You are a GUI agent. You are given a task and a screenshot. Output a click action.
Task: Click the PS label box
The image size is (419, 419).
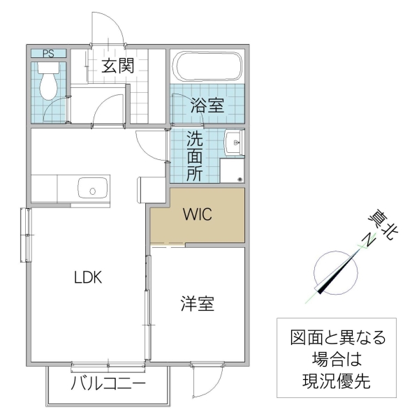[x=49, y=53]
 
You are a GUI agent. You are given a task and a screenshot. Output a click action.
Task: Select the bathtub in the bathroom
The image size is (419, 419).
[x=207, y=67]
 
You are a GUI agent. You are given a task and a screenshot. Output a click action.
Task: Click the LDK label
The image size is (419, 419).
[x=89, y=277]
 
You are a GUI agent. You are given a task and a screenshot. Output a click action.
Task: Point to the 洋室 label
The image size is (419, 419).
[x=198, y=304]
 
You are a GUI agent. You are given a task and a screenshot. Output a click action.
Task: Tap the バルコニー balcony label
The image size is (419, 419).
[x=108, y=385]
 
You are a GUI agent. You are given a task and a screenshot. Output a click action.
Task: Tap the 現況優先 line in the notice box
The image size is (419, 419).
[x=337, y=381]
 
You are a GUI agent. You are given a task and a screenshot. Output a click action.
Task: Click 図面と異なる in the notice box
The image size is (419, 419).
[x=337, y=338]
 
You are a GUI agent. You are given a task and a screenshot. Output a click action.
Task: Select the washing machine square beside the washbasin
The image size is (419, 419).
[x=233, y=170]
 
